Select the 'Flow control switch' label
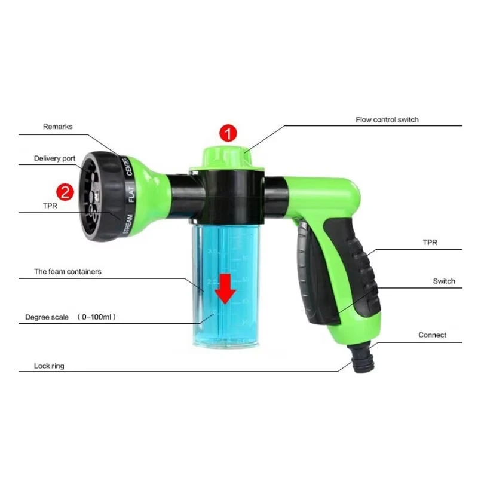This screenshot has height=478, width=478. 387,119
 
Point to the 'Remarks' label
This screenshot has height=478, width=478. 57,127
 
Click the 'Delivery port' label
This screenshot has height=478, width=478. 54,158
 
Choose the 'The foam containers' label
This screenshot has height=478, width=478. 68,271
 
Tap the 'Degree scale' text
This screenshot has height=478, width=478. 47,317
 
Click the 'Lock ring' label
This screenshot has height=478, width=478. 50,366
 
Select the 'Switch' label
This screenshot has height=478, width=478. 444,281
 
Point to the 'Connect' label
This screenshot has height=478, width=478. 432,335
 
